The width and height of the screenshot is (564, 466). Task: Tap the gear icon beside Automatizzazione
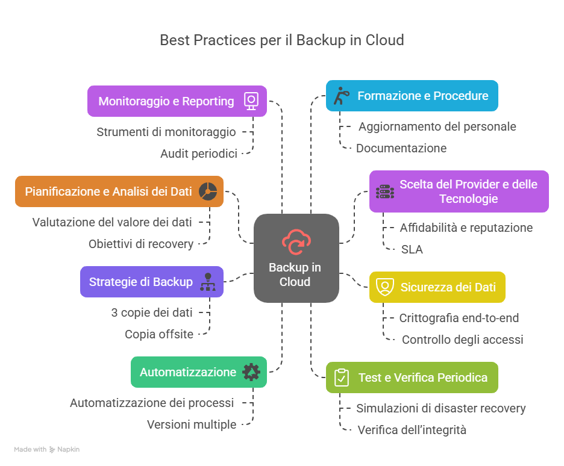(x=251, y=372)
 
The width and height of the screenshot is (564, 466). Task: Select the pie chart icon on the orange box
(x=208, y=191)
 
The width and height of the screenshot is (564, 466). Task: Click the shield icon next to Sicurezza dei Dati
(x=384, y=287)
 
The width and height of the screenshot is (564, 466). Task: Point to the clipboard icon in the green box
(x=341, y=377)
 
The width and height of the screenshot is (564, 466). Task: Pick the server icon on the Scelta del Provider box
(x=384, y=191)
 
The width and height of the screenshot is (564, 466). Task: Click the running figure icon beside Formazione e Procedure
(x=342, y=96)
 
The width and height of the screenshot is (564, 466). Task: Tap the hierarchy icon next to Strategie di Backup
(x=208, y=282)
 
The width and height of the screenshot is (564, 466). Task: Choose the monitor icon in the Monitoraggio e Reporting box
(x=251, y=101)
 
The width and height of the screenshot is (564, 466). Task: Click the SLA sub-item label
(x=412, y=249)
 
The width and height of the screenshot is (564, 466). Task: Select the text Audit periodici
(x=198, y=154)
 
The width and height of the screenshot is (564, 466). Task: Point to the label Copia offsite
(x=159, y=334)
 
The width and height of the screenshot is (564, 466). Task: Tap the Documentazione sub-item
(x=401, y=148)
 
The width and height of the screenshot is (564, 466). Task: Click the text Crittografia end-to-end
(x=459, y=318)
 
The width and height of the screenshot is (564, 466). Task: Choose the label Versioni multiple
(x=192, y=424)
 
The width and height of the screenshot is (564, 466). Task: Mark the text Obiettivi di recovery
(x=141, y=244)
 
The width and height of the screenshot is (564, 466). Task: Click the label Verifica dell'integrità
(x=412, y=430)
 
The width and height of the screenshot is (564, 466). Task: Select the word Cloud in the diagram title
(x=384, y=40)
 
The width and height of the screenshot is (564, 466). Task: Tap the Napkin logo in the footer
(x=52, y=449)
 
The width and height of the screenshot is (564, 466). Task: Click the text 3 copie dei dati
(x=152, y=312)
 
